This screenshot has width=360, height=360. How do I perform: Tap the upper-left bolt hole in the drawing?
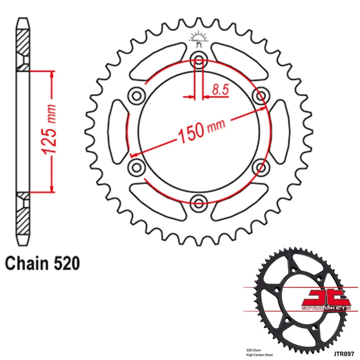[135, 94]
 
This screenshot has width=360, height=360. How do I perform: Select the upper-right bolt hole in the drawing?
[260, 94]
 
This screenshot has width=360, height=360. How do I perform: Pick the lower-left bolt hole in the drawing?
[135, 166]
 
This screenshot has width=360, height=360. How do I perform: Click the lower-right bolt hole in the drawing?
[260, 166]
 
